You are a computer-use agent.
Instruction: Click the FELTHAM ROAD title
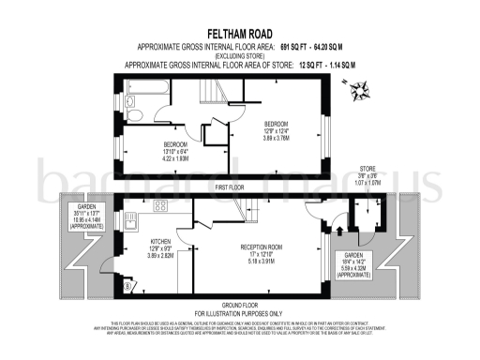tap(239, 33)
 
